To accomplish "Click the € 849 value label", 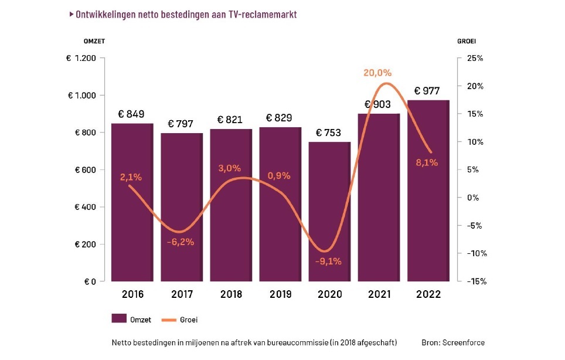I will tap(131, 114).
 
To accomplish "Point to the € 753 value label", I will tap(329, 133).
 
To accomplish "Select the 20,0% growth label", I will tap(377, 73).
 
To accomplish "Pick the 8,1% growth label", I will tap(427, 162).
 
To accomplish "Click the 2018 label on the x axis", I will tap(231, 294).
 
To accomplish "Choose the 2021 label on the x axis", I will tap(379, 294).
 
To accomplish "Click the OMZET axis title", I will tap(94, 40).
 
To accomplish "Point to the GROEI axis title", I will tap(467, 40).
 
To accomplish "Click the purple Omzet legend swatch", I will tap(119, 319).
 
